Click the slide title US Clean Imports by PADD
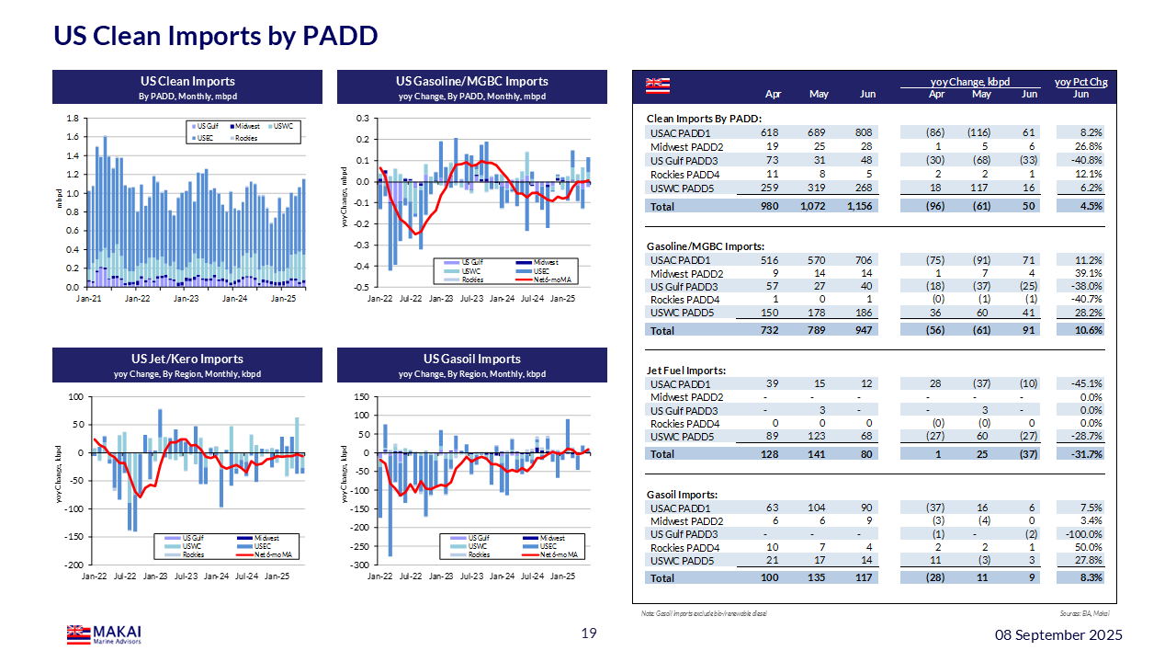pyautogui.click(x=215, y=36)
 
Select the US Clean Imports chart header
pyautogui.click(x=187, y=82)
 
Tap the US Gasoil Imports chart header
pyautogui.click(x=472, y=359)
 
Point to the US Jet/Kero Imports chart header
pyautogui.click(x=187, y=359)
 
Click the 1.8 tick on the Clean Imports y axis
pyautogui.click(x=72, y=119)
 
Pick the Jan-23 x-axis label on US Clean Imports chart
pyautogui.click(x=187, y=299)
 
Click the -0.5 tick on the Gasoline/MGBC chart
pyautogui.click(x=362, y=287)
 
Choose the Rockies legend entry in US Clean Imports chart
pyautogui.click(x=245, y=138)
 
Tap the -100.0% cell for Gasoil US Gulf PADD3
pyautogui.click(x=1083, y=534)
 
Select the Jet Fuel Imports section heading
pyautogui.click(x=686, y=371)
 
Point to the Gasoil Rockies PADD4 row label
pyautogui.click(x=684, y=547)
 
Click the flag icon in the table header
pyautogui.click(x=657, y=86)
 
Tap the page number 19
pyautogui.click(x=589, y=633)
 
